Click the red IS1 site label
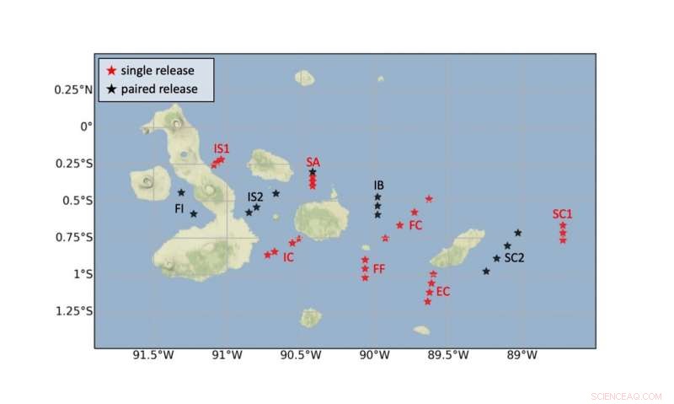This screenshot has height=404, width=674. point(222,148)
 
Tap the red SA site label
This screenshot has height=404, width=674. point(313,161)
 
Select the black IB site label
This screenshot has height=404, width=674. point(379,185)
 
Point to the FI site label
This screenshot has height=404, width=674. point(179,207)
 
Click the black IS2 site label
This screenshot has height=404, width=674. point(255,197)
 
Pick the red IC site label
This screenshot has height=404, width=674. point(288,256)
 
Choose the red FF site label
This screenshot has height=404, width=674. point(379,268)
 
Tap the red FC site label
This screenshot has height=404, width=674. point(415,225)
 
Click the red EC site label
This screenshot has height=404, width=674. point(443,292)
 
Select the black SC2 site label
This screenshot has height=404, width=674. point(515,257)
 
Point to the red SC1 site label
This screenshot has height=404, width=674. point(563,213)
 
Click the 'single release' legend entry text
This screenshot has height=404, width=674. point(159,69)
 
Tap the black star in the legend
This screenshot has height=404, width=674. point(110,89)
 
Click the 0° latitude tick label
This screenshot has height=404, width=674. point(85,127)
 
